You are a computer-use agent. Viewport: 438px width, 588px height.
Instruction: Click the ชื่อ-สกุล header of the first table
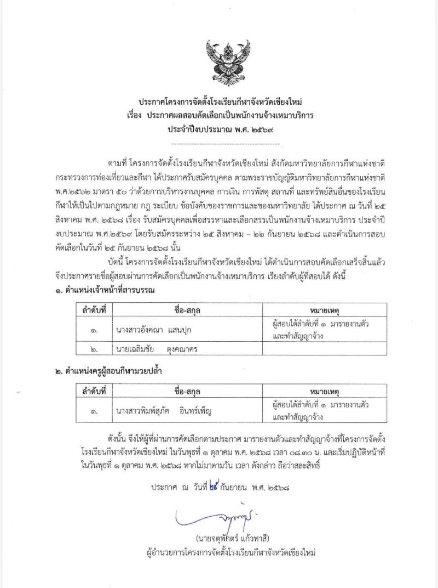[x=188, y=309]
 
